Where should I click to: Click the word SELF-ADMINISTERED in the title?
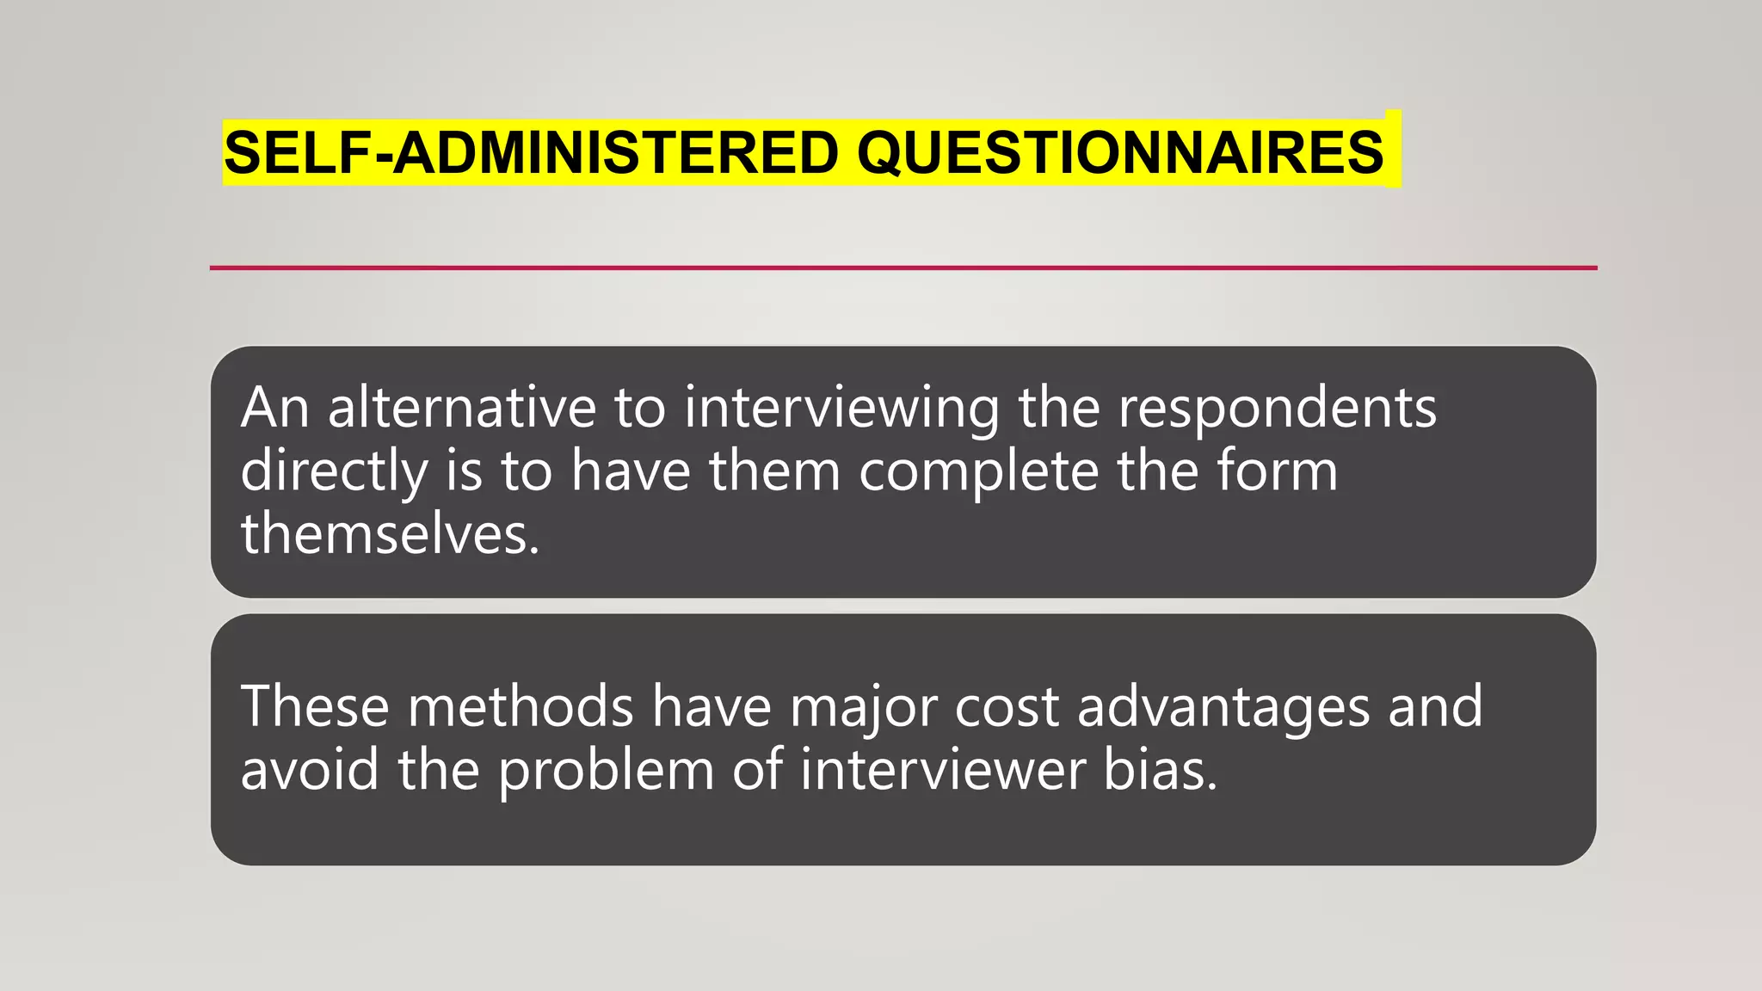coord(531,153)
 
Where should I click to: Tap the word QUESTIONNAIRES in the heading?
coord(1119,153)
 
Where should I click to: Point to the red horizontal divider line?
coord(903,268)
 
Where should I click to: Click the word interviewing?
coord(841,409)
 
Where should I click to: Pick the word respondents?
coord(1277,409)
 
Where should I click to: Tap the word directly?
coord(334,472)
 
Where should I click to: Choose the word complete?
coord(978,472)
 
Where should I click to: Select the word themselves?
coord(390,533)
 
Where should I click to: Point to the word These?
coord(315,706)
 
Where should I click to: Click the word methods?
coord(521,706)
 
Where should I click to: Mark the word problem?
coord(607,771)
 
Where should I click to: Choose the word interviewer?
coord(942,769)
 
